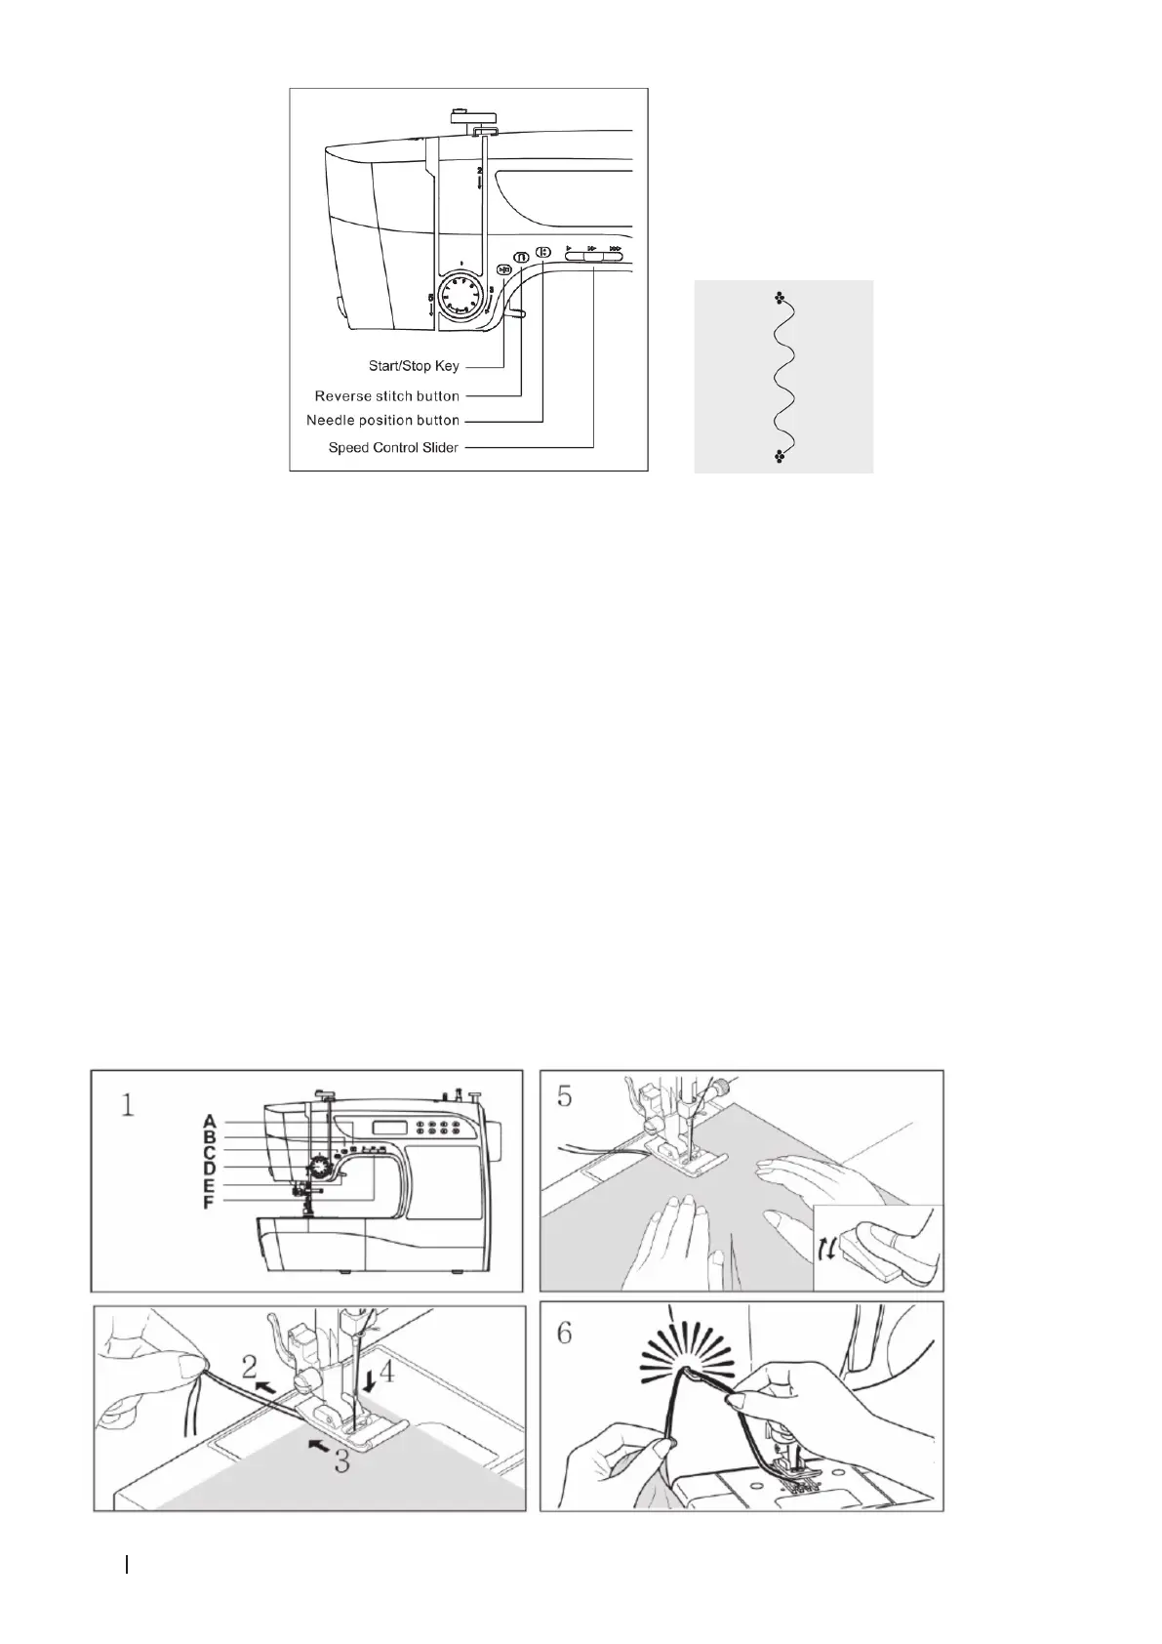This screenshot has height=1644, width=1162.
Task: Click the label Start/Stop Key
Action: click(x=414, y=367)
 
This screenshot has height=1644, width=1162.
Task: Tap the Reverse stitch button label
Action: click(x=386, y=396)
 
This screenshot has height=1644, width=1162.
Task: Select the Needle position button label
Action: click(x=382, y=421)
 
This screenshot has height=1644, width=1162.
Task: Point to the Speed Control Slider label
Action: click(x=393, y=448)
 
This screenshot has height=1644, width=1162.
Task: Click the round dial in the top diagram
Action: click(x=458, y=294)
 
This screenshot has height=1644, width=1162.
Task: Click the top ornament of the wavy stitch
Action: click(x=779, y=298)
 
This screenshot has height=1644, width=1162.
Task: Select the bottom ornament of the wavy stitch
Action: click(x=779, y=455)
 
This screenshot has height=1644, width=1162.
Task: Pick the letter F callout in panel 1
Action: click(x=209, y=1204)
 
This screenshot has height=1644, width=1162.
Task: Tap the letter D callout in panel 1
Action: click(x=209, y=1169)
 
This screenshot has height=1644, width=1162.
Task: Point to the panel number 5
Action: click(x=565, y=1095)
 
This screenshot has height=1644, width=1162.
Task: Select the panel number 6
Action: click(x=565, y=1333)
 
